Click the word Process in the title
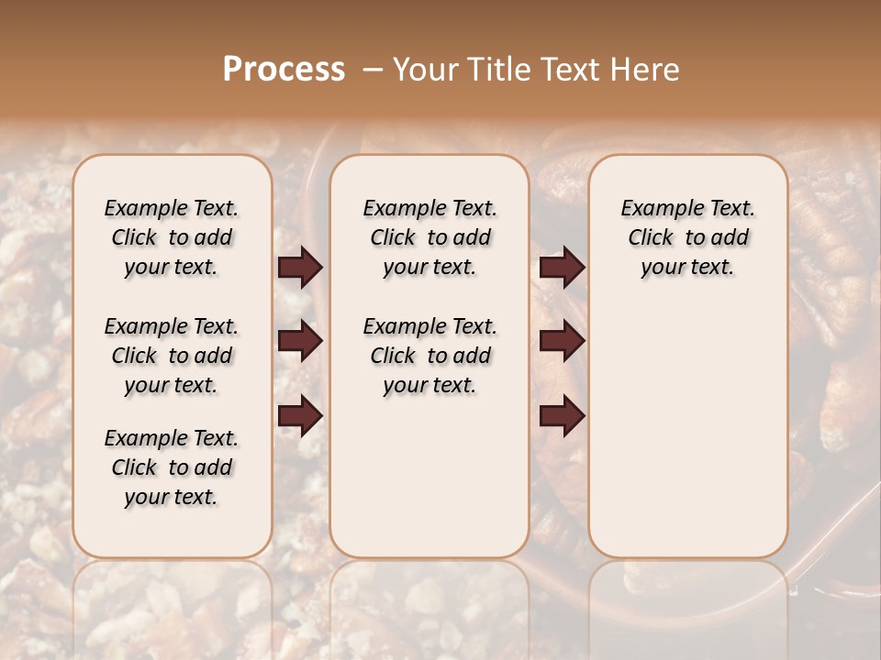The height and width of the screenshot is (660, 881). tap(284, 71)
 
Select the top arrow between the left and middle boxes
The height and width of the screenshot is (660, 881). tap(300, 268)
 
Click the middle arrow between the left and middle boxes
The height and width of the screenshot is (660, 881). tap(300, 341)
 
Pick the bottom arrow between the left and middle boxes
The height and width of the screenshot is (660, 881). tap(300, 416)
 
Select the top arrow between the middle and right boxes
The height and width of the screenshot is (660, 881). tap(562, 268)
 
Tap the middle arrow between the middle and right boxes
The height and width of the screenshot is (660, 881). tap(562, 341)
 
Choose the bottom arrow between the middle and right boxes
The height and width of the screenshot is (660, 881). tap(562, 416)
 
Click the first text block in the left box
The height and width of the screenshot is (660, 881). tap(172, 237)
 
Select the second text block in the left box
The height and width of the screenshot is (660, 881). tap(172, 356)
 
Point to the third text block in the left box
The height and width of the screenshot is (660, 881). tap(172, 467)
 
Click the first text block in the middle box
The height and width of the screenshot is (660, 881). tap(430, 237)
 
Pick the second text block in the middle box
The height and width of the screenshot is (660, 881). tap(430, 356)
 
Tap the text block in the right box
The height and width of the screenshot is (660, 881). tap(688, 237)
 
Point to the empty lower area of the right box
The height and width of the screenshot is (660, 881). tap(688, 431)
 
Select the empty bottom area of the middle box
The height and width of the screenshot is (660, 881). tap(430, 486)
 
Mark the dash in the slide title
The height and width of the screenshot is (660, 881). tap(373, 71)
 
